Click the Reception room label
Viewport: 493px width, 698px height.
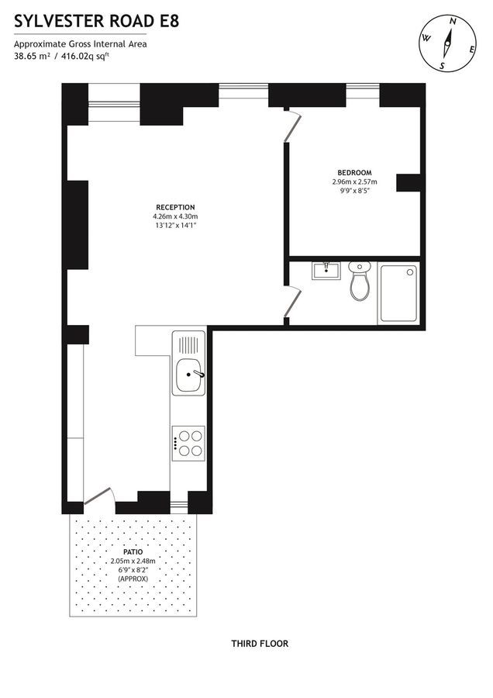pyautogui.click(x=175, y=206)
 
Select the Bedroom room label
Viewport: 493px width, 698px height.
pyautogui.click(x=353, y=172)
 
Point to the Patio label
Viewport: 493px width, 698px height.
pyautogui.click(x=133, y=551)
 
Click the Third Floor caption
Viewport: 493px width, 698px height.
pyautogui.click(x=260, y=643)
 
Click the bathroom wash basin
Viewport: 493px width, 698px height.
pyautogui.click(x=327, y=270)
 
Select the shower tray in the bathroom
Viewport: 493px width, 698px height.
pyautogui.click(x=399, y=295)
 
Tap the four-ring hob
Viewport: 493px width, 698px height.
pyautogui.click(x=189, y=443)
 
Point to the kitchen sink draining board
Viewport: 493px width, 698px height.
pyautogui.click(x=189, y=344)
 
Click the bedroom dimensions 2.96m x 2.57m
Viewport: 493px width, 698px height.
pyautogui.click(x=353, y=181)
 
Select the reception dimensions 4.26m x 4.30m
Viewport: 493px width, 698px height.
pyautogui.click(x=175, y=216)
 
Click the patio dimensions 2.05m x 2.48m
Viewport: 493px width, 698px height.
pyautogui.click(x=133, y=561)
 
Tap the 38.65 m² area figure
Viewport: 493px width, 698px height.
pyautogui.click(x=32, y=56)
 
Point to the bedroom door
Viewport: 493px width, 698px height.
pyautogui.click(x=291, y=127)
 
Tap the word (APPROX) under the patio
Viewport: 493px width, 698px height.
pyautogui.click(x=133, y=579)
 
